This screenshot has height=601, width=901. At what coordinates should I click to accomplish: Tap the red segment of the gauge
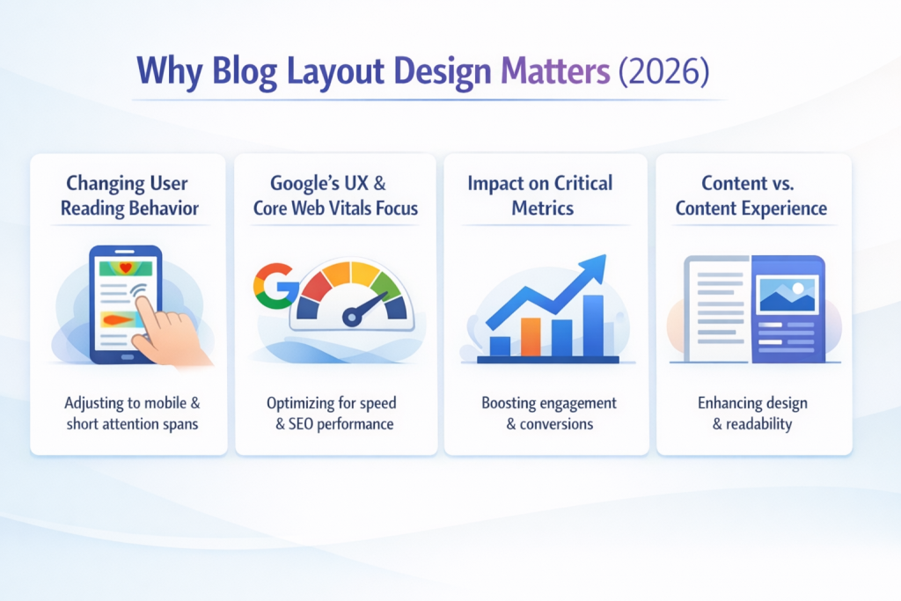(315, 285)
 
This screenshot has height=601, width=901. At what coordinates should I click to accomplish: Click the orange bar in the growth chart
(531, 336)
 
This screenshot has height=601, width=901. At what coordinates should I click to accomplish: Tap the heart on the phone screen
(126, 268)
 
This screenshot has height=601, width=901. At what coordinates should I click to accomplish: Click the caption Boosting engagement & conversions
(549, 413)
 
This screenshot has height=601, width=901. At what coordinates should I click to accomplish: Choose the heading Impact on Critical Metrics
(539, 195)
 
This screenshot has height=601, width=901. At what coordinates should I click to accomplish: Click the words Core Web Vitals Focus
(335, 209)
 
